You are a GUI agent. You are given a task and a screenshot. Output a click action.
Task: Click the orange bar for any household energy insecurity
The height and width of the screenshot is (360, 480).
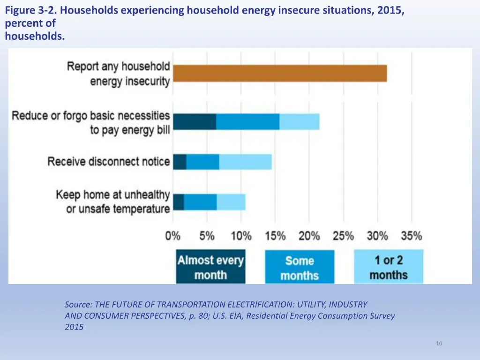tap(280, 74)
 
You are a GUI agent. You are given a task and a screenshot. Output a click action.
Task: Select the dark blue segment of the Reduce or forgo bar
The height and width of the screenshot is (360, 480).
tap(195, 121)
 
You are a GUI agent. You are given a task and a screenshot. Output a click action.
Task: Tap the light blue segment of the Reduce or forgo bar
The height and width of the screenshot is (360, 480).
tap(300, 121)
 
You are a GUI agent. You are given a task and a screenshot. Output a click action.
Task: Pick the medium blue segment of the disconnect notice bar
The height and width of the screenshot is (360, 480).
tap(202, 162)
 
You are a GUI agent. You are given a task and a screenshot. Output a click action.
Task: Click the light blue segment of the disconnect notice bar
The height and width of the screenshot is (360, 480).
tap(245, 162)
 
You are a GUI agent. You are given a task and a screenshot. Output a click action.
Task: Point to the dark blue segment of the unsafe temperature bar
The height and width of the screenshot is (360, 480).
tap(178, 202)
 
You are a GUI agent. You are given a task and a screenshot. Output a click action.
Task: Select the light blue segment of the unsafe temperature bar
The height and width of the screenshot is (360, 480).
tap(231, 202)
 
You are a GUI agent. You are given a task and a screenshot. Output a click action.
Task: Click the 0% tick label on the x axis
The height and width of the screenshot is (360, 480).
tap(172, 236)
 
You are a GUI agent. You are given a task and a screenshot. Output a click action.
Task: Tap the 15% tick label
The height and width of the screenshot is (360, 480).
tap(275, 236)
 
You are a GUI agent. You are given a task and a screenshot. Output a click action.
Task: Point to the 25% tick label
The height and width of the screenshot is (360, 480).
tap(343, 236)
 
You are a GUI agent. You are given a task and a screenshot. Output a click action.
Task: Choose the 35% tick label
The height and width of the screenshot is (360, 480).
tap(411, 236)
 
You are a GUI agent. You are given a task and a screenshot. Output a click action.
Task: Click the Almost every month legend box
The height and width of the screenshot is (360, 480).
tap(210, 267)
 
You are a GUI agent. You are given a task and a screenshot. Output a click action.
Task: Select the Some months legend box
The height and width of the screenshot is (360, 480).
tap(300, 267)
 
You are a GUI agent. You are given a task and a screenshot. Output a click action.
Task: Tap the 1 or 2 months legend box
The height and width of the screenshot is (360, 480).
tap(388, 267)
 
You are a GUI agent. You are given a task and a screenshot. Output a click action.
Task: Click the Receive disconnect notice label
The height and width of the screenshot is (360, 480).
tap(109, 162)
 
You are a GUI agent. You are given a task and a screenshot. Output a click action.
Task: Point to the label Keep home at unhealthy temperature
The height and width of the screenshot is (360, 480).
tap(112, 202)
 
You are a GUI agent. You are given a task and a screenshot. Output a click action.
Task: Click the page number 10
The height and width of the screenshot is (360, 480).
tap(439, 344)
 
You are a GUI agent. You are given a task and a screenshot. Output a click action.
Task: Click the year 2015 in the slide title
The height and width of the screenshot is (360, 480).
tap(389, 9)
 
